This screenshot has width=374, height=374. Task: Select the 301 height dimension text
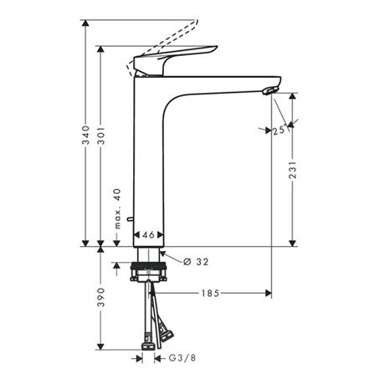pos(100,151)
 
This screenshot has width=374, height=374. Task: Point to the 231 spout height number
pos(292,171)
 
